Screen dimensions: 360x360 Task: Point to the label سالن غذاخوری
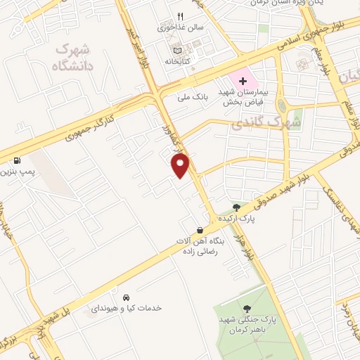[179, 29]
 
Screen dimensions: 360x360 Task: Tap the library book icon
[176, 50]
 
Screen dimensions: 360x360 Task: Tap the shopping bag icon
[200, 230]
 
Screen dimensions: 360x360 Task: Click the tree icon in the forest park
[247, 309]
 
